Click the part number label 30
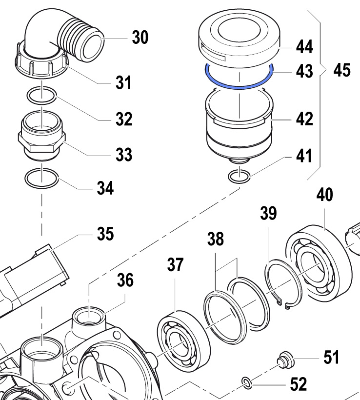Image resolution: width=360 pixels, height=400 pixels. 140,37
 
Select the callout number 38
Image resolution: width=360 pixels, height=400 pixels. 216,239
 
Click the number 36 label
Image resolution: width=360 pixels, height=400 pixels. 125,280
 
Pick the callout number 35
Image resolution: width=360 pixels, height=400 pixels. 104,234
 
